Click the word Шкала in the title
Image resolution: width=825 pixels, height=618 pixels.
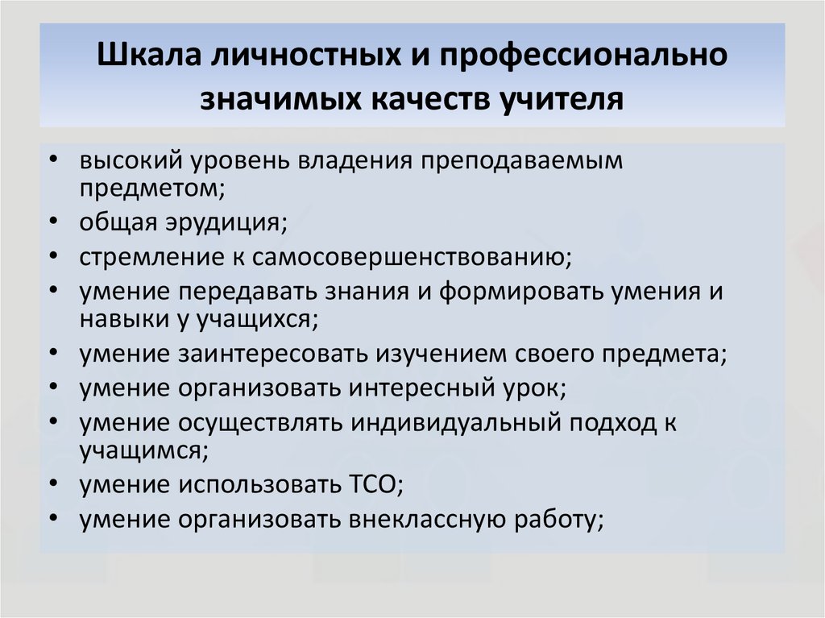tap(149, 54)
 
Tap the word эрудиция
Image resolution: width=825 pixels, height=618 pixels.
tap(226, 222)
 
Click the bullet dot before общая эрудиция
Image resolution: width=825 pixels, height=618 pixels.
tap(53, 222)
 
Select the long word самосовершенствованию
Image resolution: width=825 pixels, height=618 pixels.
tap(412, 257)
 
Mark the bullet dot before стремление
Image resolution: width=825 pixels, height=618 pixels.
tap(53, 256)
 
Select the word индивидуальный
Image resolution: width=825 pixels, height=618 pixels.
tap(457, 424)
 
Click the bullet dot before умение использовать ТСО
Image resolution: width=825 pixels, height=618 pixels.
tap(53, 483)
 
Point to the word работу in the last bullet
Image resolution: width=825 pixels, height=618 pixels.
tap(559, 520)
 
